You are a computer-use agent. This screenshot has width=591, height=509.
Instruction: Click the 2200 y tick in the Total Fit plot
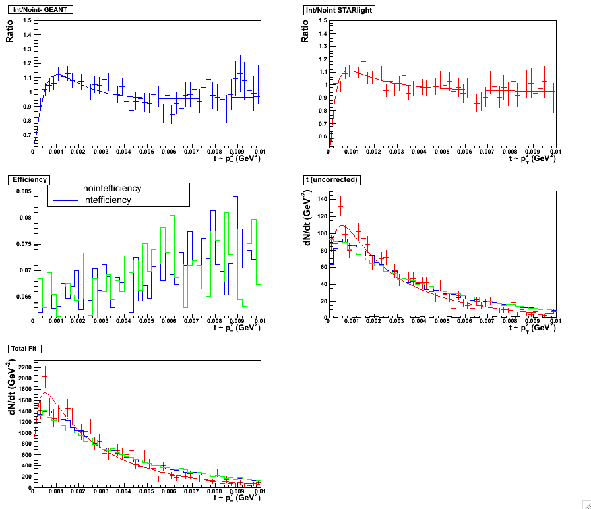[x=21, y=367]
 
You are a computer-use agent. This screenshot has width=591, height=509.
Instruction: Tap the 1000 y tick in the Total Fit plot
[x=21, y=433]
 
